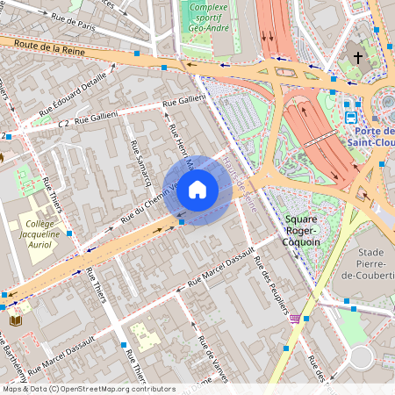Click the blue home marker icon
point(197,190)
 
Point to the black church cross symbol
point(357,59)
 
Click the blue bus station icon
point(351,115)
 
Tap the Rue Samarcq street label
point(141,163)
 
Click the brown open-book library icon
point(15,321)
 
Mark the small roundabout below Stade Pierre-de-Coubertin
point(361,357)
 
